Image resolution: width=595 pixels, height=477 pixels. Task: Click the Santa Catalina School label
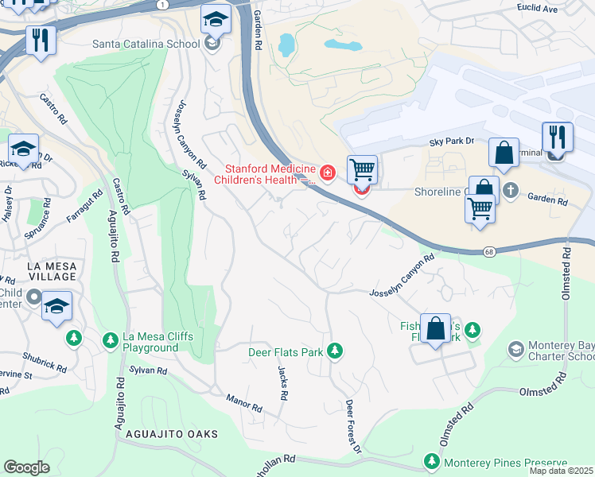click(x=146, y=44)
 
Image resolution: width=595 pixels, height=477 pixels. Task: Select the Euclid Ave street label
click(x=556, y=9)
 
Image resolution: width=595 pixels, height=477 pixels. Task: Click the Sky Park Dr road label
click(x=451, y=141)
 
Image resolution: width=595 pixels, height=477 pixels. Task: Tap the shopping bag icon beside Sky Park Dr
click(x=504, y=155)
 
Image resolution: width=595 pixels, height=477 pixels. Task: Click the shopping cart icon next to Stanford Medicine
click(x=362, y=169)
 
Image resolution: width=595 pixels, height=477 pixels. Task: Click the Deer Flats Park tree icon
click(x=335, y=351)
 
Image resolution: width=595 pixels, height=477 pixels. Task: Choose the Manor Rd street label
click(x=243, y=402)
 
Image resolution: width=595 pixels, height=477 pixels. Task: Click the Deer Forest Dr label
click(x=352, y=427)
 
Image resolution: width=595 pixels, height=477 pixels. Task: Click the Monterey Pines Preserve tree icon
click(x=432, y=462)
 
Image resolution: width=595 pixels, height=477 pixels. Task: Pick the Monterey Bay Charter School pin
click(x=516, y=349)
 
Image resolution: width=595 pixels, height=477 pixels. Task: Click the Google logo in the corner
click(x=26, y=467)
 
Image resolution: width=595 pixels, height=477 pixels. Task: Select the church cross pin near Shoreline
click(x=510, y=191)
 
